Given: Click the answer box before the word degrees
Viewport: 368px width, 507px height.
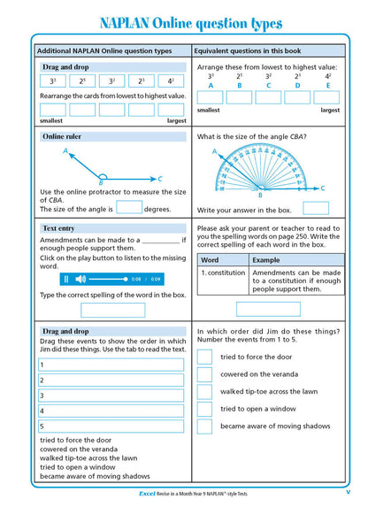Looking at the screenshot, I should (129, 209).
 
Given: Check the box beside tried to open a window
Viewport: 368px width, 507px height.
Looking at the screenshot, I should (204, 409).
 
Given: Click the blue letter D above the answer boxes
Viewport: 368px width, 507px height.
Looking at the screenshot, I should (298, 86).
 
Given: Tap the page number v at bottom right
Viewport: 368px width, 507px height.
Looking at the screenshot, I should (348, 493).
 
